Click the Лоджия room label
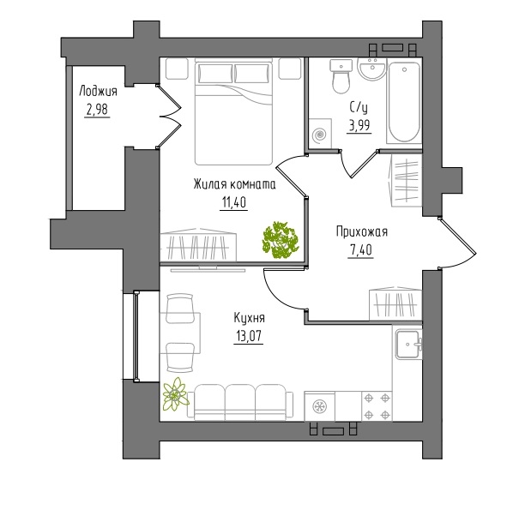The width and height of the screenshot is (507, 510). [98, 92]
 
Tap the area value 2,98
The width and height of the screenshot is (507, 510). [97, 110]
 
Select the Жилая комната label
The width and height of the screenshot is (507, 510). [234, 184]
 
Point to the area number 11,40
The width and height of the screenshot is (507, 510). [234, 202]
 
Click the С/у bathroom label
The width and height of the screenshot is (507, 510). [359, 108]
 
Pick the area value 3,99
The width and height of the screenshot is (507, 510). [359, 125]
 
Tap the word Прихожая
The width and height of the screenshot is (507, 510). [362, 232]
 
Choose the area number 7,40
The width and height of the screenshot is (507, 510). [360, 250]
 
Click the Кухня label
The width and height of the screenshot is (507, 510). [249, 318]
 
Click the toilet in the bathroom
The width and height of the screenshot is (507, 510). [341, 76]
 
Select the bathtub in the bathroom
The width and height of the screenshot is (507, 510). [404, 101]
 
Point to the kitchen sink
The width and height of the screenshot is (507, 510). [408, 344]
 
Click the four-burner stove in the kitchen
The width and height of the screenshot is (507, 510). [377, 406]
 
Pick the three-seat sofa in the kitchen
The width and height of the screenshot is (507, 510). [240, 402]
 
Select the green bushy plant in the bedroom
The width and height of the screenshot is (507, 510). [281, 240]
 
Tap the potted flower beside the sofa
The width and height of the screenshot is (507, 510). [175, 394]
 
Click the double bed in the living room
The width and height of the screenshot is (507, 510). [233, 111]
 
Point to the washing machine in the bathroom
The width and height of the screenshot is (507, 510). [320, 134]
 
